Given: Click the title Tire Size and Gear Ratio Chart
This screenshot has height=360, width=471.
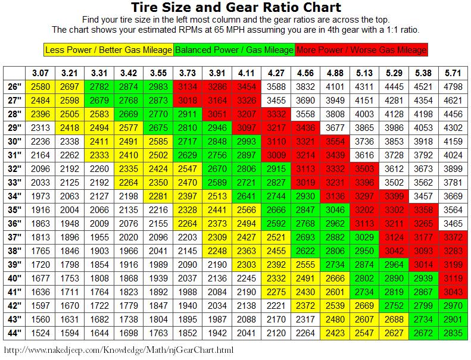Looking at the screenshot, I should click(236, 8).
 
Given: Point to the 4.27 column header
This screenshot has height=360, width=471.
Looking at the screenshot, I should click(277, 73).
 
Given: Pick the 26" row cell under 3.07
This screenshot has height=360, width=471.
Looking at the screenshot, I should click(40, 87).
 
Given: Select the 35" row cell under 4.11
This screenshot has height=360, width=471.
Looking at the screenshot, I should click(247, 209).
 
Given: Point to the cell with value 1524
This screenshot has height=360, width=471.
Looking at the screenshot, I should click(40, 333).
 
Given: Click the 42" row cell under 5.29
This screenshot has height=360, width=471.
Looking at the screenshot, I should click(395, 305).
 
